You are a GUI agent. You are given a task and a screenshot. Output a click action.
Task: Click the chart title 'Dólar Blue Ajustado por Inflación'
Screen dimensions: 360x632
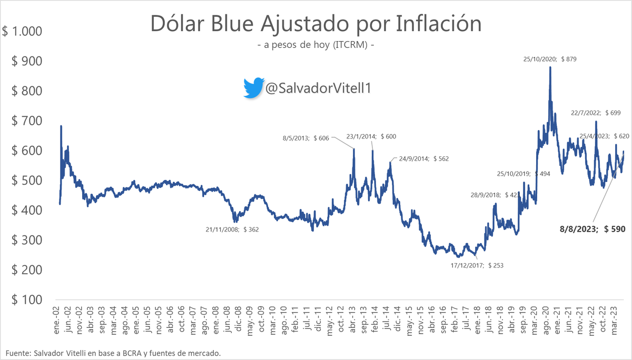coord(316,24)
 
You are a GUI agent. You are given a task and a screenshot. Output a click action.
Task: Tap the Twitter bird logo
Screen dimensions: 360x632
coord(253,88)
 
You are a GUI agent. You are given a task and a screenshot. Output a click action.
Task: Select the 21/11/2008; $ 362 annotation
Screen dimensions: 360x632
coord(232,229)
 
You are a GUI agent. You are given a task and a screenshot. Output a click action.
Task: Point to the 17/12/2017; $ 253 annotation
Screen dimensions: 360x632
coord(477,265)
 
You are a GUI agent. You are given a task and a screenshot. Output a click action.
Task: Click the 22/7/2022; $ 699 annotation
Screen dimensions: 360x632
coord(596,113)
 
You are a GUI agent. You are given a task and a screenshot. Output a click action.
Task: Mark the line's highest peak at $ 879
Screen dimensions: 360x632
coord(550,67)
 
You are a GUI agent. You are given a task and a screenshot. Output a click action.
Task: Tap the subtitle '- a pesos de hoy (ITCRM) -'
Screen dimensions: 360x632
coord(316,45)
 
